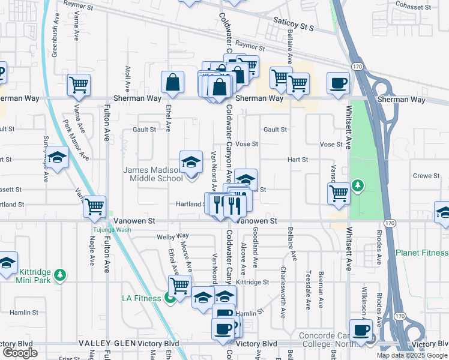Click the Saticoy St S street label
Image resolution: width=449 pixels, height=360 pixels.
pyautogui.click(x=294, y=27)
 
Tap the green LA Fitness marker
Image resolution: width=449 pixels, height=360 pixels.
pyautogui.click(x=171, y=298)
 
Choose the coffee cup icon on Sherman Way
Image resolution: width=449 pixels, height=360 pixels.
pyautogui.click(x=338, y=82)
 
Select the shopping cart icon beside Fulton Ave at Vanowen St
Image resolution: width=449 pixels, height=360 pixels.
pyautogui.click(x=95, y=206)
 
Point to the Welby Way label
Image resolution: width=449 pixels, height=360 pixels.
pyautogui.click(x=172, y=236)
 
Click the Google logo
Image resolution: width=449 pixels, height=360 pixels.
pyautogui.click(x=20, y=353)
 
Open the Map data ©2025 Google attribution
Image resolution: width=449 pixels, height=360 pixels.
pyautogui.click(x=411, y=355)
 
